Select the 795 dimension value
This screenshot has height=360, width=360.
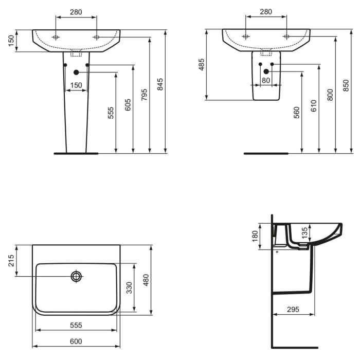coord(144,94)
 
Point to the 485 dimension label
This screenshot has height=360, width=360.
coord(202,64)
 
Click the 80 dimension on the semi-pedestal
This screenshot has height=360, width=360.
coord(266,80)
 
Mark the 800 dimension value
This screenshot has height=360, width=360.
coord(330,95)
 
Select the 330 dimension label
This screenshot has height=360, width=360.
coord(130,288)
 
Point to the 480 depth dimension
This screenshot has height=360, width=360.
coord(146,280)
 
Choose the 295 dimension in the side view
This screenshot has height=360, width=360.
coord(293,309)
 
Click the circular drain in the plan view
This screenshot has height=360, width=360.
coord(77,277)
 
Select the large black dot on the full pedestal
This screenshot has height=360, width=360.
coord(76,73)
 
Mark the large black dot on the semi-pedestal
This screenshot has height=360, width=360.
coord(266,71)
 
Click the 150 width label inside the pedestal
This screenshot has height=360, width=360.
coord(76,85)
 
